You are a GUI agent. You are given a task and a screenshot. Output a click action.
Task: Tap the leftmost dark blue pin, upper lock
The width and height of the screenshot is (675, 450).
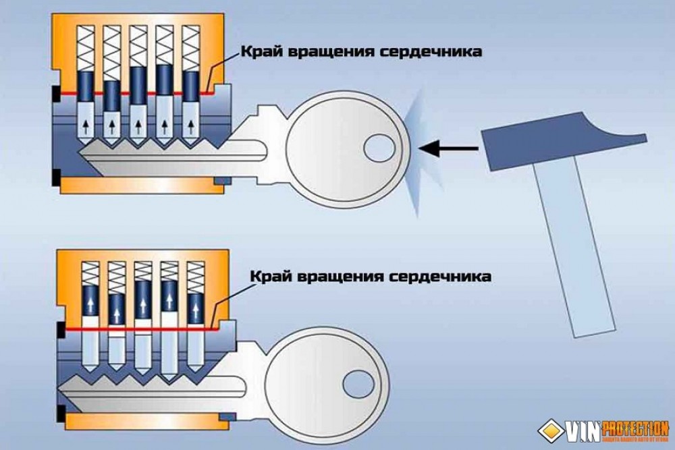[86, 86]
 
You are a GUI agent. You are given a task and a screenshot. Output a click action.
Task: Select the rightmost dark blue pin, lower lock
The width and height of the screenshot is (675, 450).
[195, 308]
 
